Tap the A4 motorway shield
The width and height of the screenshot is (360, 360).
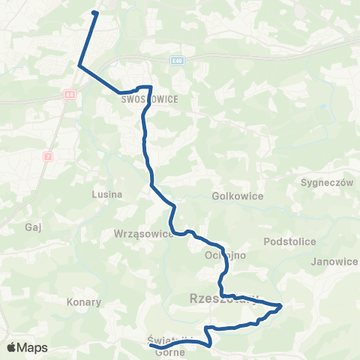coord(69,94)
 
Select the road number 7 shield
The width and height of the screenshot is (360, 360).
coord(47,156)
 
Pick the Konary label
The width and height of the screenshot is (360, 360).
coord(84,302)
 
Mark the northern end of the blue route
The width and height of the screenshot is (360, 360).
coord(94,12)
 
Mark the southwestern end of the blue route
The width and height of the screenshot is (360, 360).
coord(151,346)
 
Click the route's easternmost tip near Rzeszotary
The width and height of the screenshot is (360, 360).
coord(280,305)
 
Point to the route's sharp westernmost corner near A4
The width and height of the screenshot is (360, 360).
coord(79,66)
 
